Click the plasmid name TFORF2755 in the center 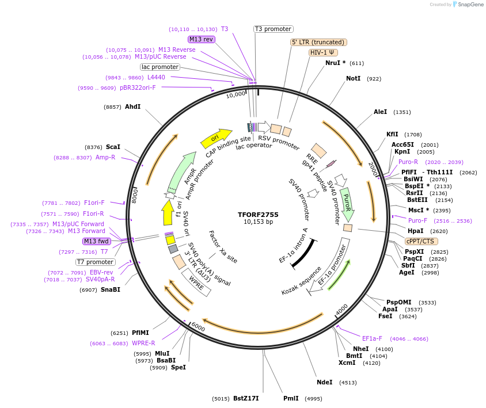[x=258, y=214]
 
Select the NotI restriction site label [x=353, y=78]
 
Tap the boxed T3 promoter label [x=274, y=29]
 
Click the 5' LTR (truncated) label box [x=318, y=42]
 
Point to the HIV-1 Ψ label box [x=324, y=52]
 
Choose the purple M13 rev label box [x=201, y=39]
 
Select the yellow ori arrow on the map [x=214, y=138]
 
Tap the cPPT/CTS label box [x=420, y=241]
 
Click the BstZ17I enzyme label [x=246, y=398]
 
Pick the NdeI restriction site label [x=325, y=382]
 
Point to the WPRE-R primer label [x=139, y=344]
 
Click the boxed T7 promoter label [x=95, y=262]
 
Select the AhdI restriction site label [x=132, y=106]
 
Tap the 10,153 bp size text [x=258, y=222]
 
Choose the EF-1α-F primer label [x=372, y=338]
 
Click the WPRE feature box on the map [x=196, y=284]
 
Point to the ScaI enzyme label [x=113, y=147]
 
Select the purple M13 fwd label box [x=96, y=241]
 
